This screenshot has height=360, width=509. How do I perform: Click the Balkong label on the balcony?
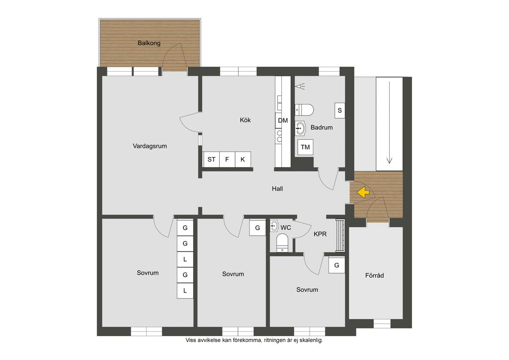pyautogui.click(x=149, y=43)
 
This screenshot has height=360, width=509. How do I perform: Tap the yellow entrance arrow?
pyautogui.click(x=363, y=192)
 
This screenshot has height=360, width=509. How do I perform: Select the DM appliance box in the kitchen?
pyautogui.click(x=283, y=120)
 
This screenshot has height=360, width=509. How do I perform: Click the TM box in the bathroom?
pyautogui.click(x=305, y=147)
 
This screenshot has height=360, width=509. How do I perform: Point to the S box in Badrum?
pyautogui.click(x=339, y=110)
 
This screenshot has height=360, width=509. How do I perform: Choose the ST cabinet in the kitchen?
pyautogui.click(x=211, y=160)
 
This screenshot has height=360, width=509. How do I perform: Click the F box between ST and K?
pyautogui.click(x=227, y=160)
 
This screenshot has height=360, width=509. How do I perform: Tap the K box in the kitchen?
pyautogui.click(x=243, y=160)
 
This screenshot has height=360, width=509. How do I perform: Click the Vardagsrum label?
pyautogui.click(x=150, y=146)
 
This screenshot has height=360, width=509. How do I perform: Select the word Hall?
pyautogui.click(x=277, y=188)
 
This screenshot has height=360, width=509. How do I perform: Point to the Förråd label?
pyautogui.click(x=374, y=275)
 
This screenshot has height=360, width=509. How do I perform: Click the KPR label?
pyautogui.click(x=320, y=234)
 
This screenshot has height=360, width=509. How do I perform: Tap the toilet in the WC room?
pyautogui.click(x=282, y=243)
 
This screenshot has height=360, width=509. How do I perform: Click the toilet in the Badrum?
pyautogui.click(x=304, y=110)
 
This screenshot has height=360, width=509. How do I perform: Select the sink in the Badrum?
pyautogui.click(x=301, y=129)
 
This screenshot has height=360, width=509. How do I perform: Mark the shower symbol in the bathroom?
pyautogui.click(x=300, y=87)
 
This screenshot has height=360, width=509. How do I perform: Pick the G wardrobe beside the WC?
pyautogui.click(x=257, y=228)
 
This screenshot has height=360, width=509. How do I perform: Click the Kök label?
pyautogui.click(x=246, y=120)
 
